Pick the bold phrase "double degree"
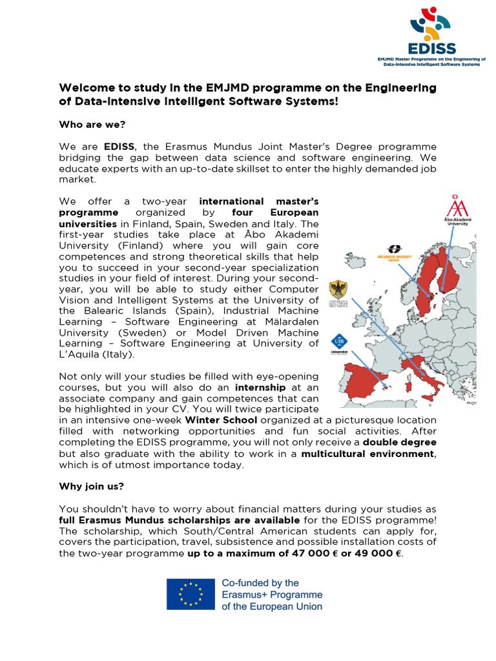tap(399, 442)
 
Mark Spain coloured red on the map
tap(362, 381)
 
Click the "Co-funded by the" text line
tap(260, 583)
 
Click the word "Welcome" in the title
tap(86, 87)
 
